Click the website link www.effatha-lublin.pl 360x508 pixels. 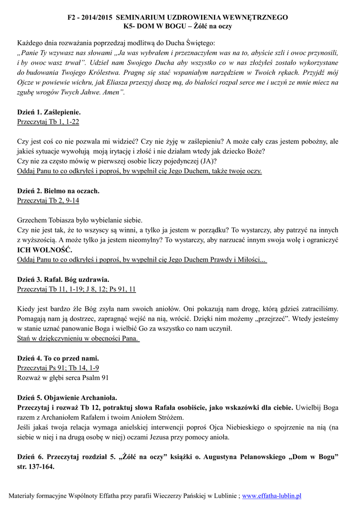pyautogui.click(x=272, y=496)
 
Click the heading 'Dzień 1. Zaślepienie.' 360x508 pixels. pyautogui.click(x=49, y=112)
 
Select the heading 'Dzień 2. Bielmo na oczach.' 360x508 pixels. pyautogui.click(x=58, y=190)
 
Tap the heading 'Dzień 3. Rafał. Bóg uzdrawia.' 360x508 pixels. pyautogui.click(x=63, y=279)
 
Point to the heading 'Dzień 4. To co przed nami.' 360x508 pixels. pyautogui.click(x=58, y=358)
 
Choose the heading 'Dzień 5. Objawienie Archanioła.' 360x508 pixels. pyautogui.click(x=67, y=397)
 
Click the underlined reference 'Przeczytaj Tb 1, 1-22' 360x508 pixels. pyautogui.click(x=48, y=121)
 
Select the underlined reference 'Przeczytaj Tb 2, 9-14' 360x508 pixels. pyautogui.click(x=48, y=200)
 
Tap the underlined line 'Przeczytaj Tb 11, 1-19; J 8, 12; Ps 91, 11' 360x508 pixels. pyautogui.click(x=76, y=289)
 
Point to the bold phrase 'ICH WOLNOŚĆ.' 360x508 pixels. pyautogui.click(x=45, y=250)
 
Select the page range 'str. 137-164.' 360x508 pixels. pyautogui.click(x=36, y=467)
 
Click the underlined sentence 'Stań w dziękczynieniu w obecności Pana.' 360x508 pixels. pyautogui.click(x=78, y=338)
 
